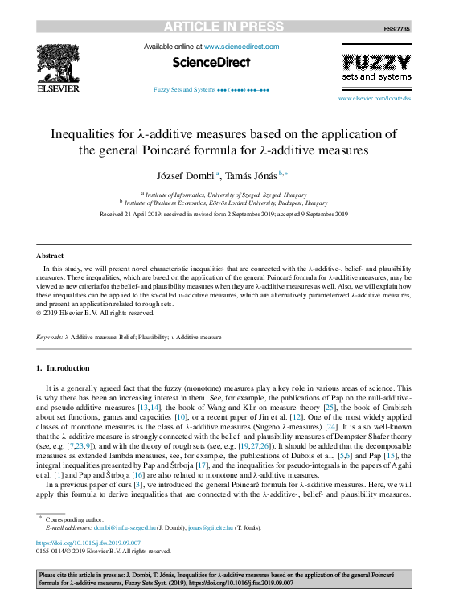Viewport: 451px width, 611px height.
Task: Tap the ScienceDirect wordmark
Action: click(x=211, y=63)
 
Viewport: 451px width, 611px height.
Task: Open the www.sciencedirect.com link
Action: click(x=241, y=47)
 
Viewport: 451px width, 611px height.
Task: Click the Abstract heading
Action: click(x=51, y=256)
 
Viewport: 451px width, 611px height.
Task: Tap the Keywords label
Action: click(x=49, y=337)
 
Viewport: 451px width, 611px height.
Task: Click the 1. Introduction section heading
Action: click(x=64, y=367)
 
